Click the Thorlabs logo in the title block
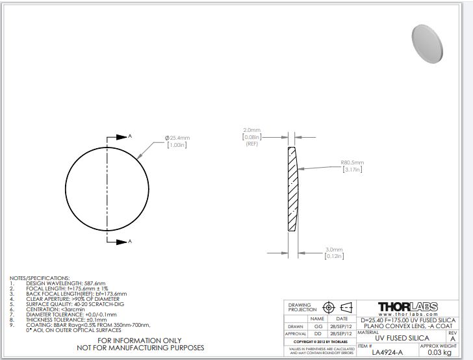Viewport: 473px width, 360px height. [x=408, y=307]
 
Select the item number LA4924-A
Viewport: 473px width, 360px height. [x=387, y=352]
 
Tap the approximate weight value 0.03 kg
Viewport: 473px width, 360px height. [x=439, y=352]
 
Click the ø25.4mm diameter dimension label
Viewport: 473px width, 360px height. [x=177, y=141]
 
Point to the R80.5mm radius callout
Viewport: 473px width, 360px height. [x=352, y=166]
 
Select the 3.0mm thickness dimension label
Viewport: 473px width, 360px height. [x=334, y=253]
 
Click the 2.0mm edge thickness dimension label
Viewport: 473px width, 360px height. [x=252, y=136]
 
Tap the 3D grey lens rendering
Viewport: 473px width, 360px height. [x=427, y=44]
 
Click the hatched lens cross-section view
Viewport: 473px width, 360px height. [x=293, y=189]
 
